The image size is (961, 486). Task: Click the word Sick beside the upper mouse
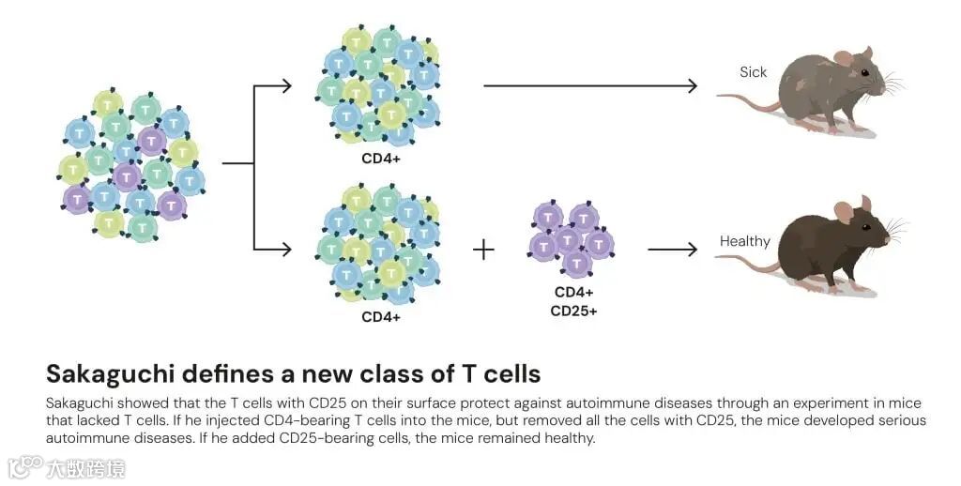[x=753, y=72]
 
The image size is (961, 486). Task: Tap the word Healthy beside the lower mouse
[x=744, y=241]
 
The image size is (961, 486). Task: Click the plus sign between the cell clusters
[x=482, y=250]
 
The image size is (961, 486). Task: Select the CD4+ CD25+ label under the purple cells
[x=573, y=301]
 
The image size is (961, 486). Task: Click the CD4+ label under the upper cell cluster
[x=381, y=159]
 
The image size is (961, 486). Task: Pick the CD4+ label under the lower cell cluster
[x=381, y=316]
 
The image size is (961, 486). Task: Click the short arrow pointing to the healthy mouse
[x=673, y=250]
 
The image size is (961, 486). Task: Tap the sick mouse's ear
[x=843, y=58]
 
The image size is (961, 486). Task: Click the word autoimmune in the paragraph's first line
[x=532, y=402]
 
